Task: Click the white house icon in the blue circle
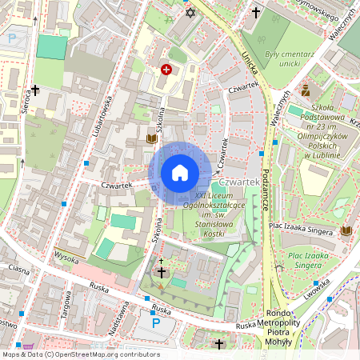click(180, 173)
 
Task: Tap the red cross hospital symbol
click(166, 70)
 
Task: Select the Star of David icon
click(190, 12)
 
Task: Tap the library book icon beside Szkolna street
click(151, 138)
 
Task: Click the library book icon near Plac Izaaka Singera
click(346, 231)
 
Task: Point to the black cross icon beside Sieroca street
click(35, 90)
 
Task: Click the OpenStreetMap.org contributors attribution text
click(103, 354)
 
